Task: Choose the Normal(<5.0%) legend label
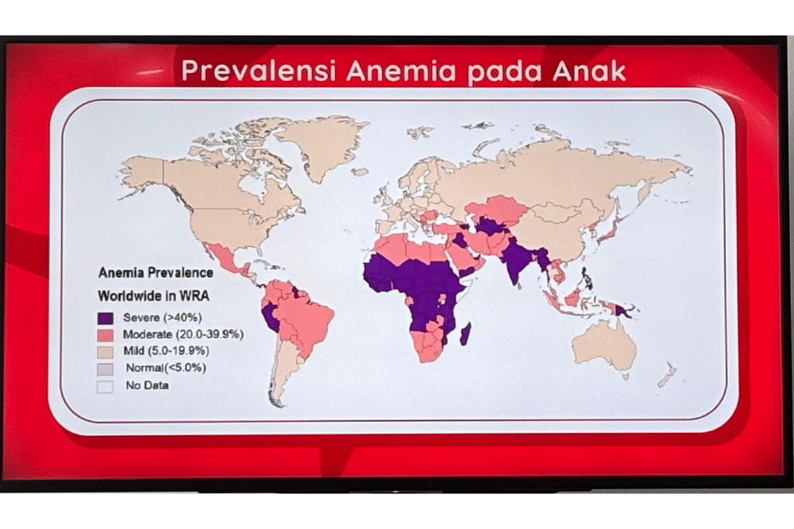165,369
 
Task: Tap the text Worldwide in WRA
155,295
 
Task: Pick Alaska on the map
142,172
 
